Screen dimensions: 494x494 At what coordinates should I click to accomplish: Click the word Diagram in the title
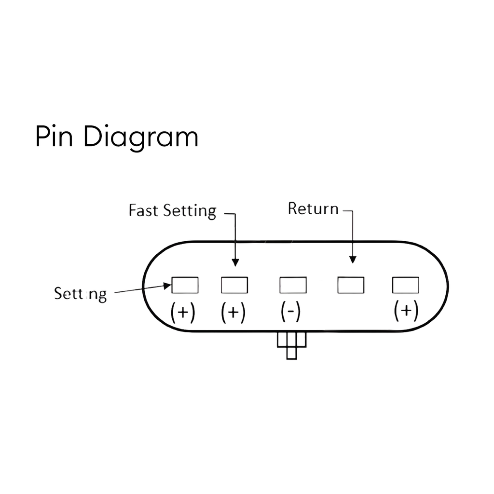tap(141, 138)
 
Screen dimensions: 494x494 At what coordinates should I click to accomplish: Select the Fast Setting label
tap(172, 211)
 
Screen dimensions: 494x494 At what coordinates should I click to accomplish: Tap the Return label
tap(313, 209)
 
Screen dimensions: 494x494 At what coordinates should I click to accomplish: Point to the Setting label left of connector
tap(80, 293)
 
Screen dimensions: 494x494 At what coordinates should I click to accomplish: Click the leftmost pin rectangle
tap(185, 285)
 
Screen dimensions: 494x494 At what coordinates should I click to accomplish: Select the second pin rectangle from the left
tap(234, 285)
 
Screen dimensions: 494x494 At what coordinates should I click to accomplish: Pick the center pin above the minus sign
tap(293, 285)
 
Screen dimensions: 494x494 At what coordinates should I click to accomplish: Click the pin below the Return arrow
tap(351, 285)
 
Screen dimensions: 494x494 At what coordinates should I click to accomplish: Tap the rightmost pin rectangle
tap(405, 285)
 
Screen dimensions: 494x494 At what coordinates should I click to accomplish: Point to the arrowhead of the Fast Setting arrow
tap(235, 262)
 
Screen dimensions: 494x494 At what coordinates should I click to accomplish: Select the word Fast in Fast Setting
tap(144, 211)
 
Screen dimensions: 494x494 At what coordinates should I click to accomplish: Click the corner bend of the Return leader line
tap(353, 211)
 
